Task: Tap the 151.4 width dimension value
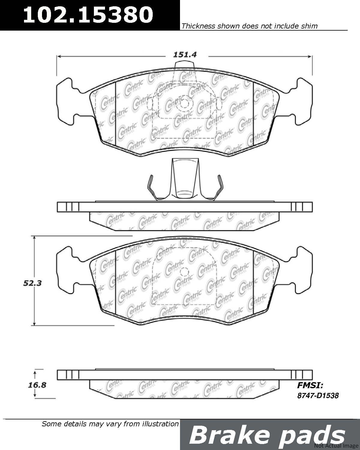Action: (x=185, y=55)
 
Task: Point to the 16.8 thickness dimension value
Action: (x=37, y=385)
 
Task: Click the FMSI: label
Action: (x=310, y=385)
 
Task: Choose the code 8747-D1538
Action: (x=318, y=395)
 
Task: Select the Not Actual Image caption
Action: (x=336, y=445)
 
